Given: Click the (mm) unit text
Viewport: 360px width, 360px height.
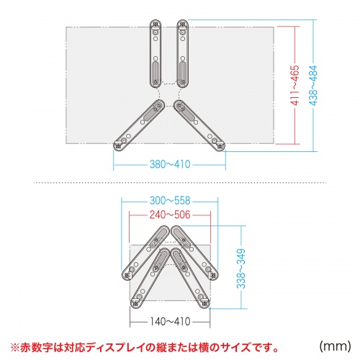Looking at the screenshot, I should click(334, 346).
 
